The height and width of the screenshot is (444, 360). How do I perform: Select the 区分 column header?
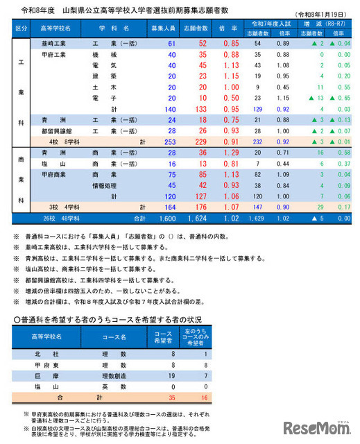[x=21, y=29]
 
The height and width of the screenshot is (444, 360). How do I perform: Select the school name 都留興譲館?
[x=58, y=130]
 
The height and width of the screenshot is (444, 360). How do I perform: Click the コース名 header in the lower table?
[x=114, y=337]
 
